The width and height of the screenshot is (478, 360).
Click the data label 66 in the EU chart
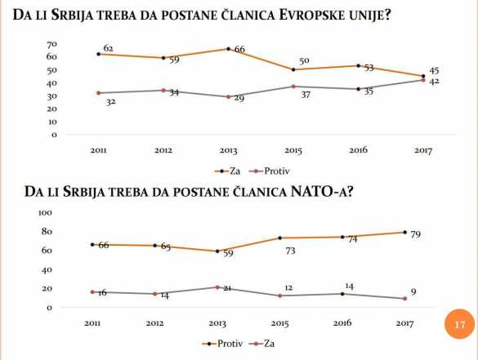pos(239,50)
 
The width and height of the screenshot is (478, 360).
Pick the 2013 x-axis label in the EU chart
pos(228,150)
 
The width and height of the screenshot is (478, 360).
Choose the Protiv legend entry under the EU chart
pos(276,171)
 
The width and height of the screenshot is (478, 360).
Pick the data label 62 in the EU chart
pos(108,49)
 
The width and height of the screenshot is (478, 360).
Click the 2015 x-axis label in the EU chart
pos(293,150)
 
